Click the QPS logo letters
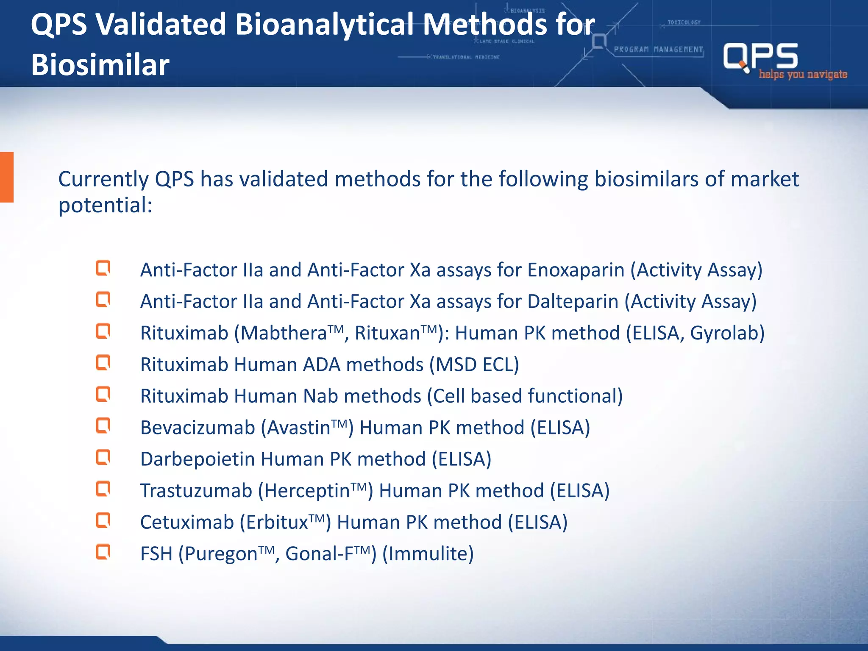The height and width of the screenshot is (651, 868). (x=760, y=56)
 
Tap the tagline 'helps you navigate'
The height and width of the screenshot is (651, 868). (x=803, y=75)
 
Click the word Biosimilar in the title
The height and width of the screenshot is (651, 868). (x=100, y=65)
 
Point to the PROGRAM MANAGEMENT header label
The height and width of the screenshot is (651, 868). (x=658, y=49)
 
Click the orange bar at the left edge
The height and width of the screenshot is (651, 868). (x=7, y=177)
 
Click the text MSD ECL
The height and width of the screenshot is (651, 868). (x=474, y=364)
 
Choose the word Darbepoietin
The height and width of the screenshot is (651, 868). (x=198, y=459)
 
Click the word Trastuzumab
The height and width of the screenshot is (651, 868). (x=196, y=491)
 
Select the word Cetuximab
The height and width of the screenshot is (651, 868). (x=187, y=522)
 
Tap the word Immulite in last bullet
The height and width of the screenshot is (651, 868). (x=428, y=554)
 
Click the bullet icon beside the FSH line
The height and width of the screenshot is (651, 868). (x=103, y=552)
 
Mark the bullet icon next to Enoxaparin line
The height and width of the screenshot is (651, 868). (x=103, y=268)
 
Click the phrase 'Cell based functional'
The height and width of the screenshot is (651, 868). (x=525, y=396)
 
